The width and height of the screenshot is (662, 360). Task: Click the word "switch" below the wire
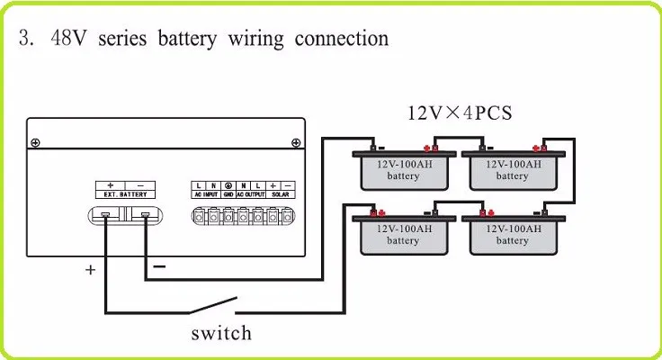click(221, 333)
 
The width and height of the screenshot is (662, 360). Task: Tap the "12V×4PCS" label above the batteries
click(459, 113)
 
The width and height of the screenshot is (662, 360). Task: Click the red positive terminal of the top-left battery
click(434, 148)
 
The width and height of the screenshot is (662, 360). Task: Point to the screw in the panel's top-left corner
click(34, 143)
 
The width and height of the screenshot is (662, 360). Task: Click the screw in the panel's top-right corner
click(295, 143)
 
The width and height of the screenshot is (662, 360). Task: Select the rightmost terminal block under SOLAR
click(286, 216)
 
